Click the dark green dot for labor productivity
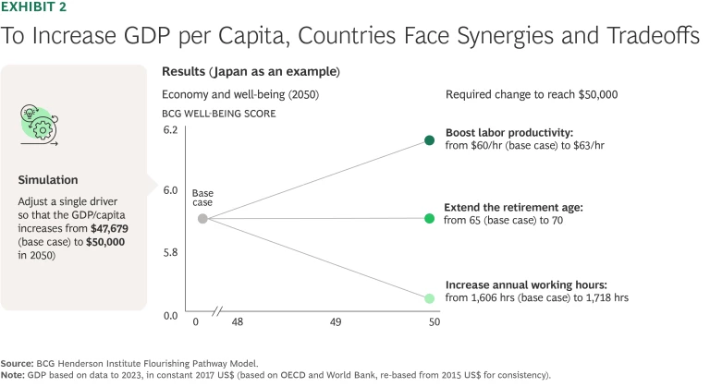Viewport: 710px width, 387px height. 429,140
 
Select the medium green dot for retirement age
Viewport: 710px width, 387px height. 429,219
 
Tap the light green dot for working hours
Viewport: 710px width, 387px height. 429,298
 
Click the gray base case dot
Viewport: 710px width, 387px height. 202,219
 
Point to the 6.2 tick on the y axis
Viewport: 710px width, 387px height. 169,130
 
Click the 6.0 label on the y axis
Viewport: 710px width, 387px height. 169,190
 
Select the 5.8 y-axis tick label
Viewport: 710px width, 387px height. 169,251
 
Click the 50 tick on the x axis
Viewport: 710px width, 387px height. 435,323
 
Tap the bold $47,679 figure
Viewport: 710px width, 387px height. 109,227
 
